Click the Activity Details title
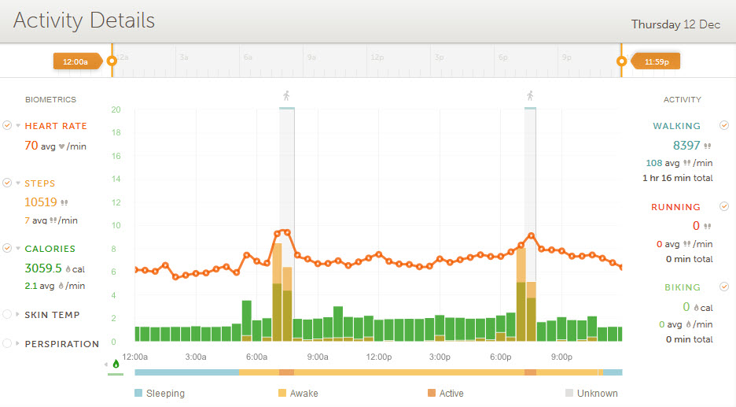pyautogui.click(x=84, y=20)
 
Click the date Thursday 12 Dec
pyautogui.click(x=675, y=24)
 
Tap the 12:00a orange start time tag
pyautogui.click(x=75, y=61)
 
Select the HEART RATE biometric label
pyautogui.click(x=56, y=126)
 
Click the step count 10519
pyautogui.click(x=42, y=202)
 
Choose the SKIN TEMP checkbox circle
pyautogui.click(x=8, y=315)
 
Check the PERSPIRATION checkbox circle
pyautogui.click(x=8, y=344)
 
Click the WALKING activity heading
pyautogui.click(x=676, y=126)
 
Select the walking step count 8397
pyautogui.click(x=686, y=146)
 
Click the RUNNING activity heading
pyautogui.click(x=675, y=207)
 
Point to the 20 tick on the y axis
pyautogui.click(x=116, y=109)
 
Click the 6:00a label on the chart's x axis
pyautogui.click(x=256, y=357)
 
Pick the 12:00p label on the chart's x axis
pyautogui.click(x=378, y=357)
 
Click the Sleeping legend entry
pyautogui.click(x=160, y=393)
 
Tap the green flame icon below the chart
pyautogui.click(x=116, y=364)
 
